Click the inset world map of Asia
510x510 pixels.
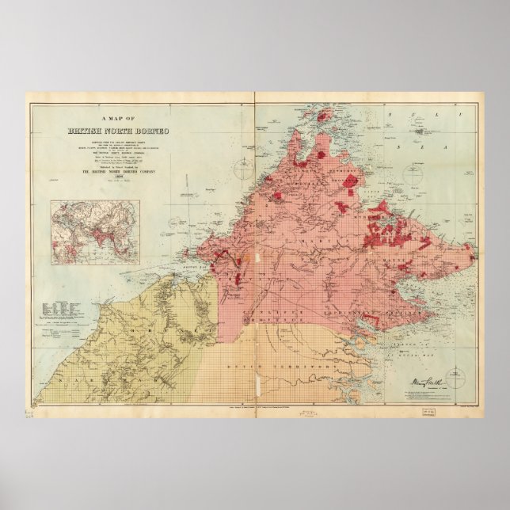tap(95, 231)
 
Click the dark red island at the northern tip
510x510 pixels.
tap(323, 116)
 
